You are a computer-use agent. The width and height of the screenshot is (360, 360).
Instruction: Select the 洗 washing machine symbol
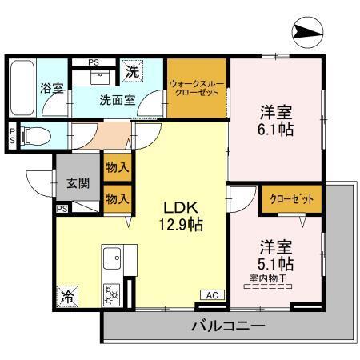pos(133,72)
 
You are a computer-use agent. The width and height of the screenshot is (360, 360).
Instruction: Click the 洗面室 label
pos(117,101)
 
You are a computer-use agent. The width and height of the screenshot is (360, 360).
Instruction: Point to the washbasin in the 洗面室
pos(102,76)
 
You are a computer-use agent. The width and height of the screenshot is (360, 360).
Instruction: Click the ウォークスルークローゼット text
pos(198,87)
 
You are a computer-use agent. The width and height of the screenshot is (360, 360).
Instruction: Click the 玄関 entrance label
pos(78,182)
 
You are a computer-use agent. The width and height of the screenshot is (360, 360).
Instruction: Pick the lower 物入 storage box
pos(117,198)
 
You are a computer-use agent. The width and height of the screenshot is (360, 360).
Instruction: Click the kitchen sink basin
pos(112,259)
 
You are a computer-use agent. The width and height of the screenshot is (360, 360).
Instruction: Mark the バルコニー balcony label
pos(229,325)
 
